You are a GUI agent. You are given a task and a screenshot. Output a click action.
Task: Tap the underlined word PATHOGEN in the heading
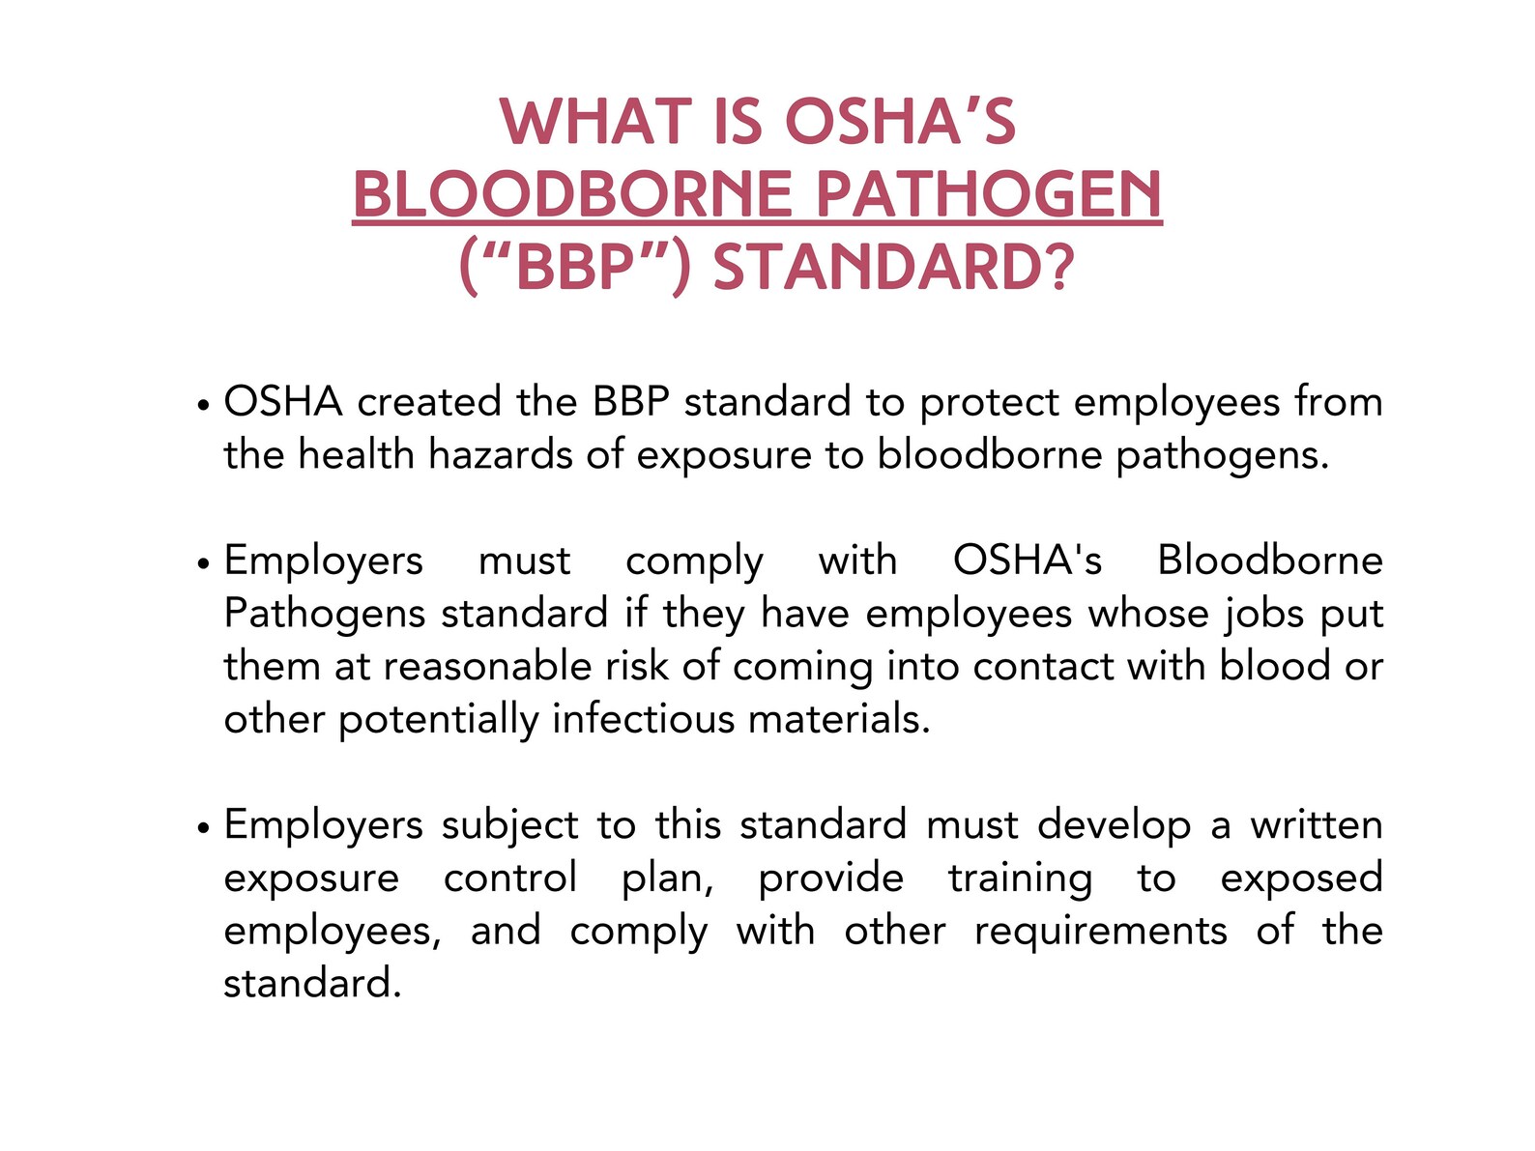[988, 195]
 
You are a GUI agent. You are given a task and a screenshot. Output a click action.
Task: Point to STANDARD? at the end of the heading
[893, 268]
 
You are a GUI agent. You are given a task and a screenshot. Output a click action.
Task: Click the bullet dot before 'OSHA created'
[202, 406]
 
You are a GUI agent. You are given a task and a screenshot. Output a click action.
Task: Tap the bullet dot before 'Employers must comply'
[202, 564]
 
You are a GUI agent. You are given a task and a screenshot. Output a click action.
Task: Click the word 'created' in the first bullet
[428, 402]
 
